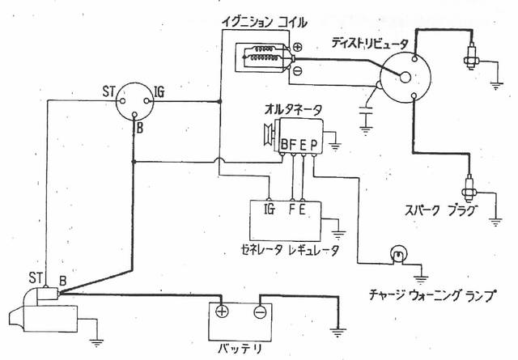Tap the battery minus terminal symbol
[258, 311]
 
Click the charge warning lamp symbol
[397, 255]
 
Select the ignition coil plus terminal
[297, 47]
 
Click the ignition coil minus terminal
[297, 70]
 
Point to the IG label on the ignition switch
[160, 94]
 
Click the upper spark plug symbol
[469, 57]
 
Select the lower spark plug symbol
[469, 185]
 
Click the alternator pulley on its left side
[267, 133]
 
